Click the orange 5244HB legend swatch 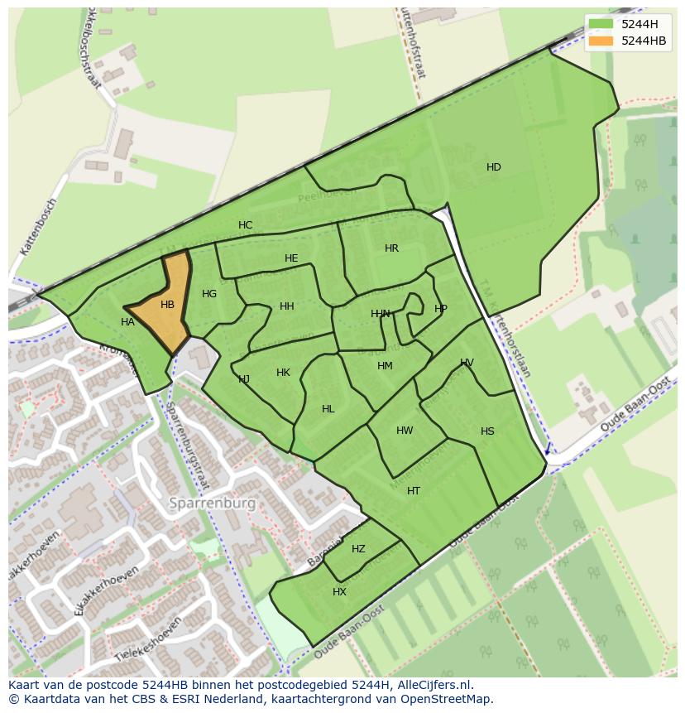pyautogui.click(x=601, y=41)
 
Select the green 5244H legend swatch pyautogui.click(x=601, y=25)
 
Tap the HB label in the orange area pyautogui.click(x=167, y=305)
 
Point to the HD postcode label pyautogui.click(x=494, y=167)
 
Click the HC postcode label pyautogui.click(x=246, y=225)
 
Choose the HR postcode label pyautogui.click(x=391, y=248)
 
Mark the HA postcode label pyautogui.click(x=127, y=322)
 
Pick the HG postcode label pyautogui.click(x=209, y=294)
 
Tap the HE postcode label pyautogui.click(x=291, y=258)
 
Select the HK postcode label pyautogui.click(x=283, y=373)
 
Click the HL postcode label pyautogui.click(x=328, y=409)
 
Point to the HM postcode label pyautogui.click(x=385, y=366)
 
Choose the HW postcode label pyautogui.click(x=405, y=431)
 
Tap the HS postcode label pyautogui.click(x=487, y=431)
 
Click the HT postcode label pyautogui.click(x=414, y=491)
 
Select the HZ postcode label pyautogui.click(x=358, y=549)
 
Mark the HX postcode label pyautogui.click(x=339, y=592)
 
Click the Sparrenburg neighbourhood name pyautogui.click(x=213, y=503)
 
